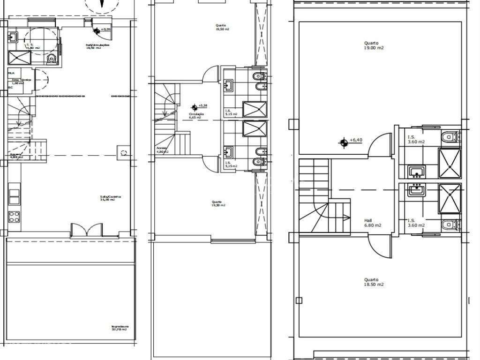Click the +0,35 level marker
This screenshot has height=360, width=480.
click(97, 30)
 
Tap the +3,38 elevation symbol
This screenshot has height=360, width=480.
click(194, 107)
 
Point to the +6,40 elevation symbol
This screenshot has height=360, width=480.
click(345, 142)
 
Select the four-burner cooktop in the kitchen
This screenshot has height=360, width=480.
click(15, 217)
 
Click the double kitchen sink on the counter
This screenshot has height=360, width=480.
click(15, 196)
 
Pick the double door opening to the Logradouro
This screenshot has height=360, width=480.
click(85, 230)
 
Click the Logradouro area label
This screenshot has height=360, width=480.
click(120, 328)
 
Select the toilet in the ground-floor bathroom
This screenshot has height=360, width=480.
click(52, 58)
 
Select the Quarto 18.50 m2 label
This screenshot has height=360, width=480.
click(374, 282)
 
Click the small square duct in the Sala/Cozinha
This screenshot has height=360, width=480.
click(123, 152)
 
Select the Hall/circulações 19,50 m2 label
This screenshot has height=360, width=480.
click(97, 46)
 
